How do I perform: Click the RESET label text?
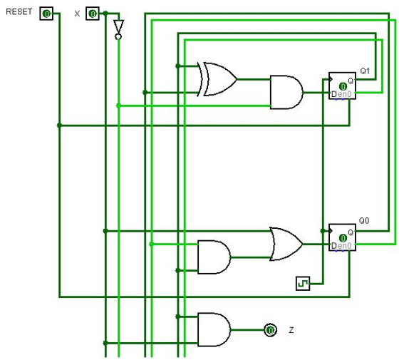point(19,11)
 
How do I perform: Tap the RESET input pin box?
point(46,14)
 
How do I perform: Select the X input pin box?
point(93,14)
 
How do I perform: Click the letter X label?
point(77,14)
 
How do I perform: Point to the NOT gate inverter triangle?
point(118,27)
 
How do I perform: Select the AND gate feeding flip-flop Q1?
point(286,92)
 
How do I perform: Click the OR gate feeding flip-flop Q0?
point(286,244)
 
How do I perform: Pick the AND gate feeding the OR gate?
point(214,257)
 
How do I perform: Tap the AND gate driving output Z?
point(214,329)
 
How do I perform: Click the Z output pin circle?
point(270,330)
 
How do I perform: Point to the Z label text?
point(291,330)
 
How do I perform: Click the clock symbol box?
point(303,284)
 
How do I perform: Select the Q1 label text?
point(365,71)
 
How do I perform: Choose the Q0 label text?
point(364,220)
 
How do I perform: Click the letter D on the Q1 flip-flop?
point(334,94)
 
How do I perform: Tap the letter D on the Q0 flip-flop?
point(334,246)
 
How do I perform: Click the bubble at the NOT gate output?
point(118,37)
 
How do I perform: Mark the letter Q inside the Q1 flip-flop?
point(351,81)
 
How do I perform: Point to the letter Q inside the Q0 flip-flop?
point(351,232)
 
